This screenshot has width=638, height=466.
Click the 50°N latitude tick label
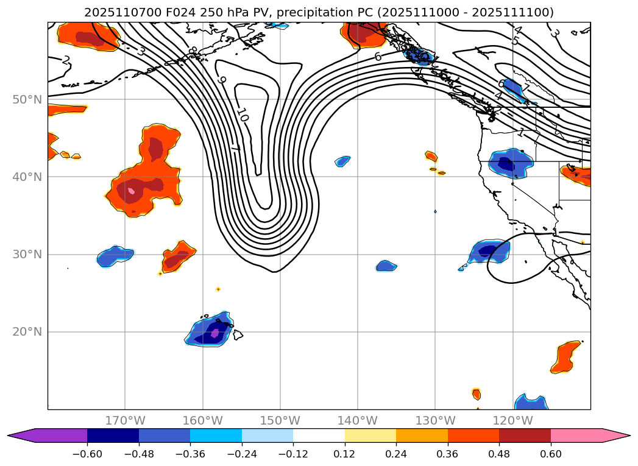27,99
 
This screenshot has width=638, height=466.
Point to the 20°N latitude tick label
27,332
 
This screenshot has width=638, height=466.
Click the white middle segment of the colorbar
319,436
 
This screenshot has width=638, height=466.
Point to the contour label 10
242,114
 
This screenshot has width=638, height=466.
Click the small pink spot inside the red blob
131,191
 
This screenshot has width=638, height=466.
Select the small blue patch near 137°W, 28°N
386,266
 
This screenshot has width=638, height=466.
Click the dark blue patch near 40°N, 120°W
506,163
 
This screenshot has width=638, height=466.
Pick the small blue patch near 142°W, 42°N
342,161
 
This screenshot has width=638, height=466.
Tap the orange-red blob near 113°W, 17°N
566,357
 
